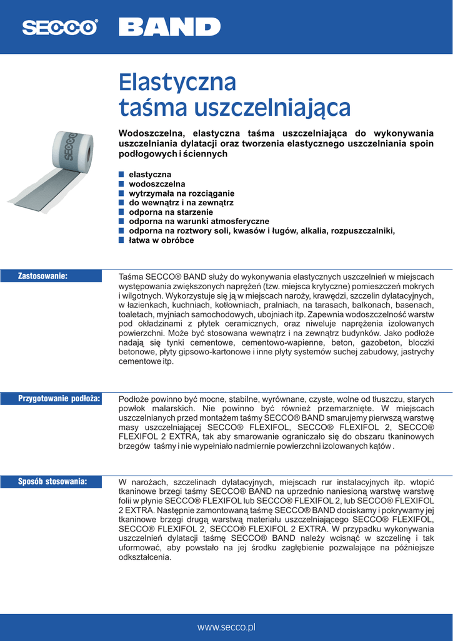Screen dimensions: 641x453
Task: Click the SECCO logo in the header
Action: coord(60,27)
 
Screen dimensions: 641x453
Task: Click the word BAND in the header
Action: coord(169,27)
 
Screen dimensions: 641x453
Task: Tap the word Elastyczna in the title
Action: coord(177,82)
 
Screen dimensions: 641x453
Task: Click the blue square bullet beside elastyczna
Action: coord(122,175)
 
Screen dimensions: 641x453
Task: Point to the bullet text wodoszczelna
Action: coord(157,184)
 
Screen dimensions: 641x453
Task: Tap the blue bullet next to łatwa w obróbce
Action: coord(122,240)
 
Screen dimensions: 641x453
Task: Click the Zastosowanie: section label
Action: coord(43,275)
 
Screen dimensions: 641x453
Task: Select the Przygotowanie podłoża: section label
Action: coord(59,398)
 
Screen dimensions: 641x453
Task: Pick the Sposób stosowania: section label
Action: coord(52,481)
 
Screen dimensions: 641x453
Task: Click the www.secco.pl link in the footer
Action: coord(226,627)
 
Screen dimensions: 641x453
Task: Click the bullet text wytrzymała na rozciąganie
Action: coord(181,193)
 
